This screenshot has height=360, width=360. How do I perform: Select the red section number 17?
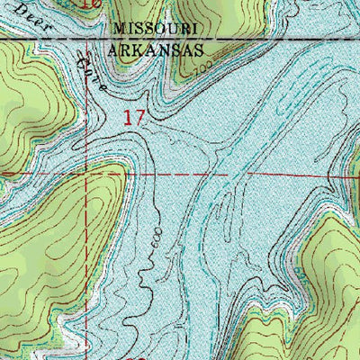point(134,116)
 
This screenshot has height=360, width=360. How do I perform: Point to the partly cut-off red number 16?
point(90,4)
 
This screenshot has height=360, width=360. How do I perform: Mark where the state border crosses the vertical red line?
point(86,40)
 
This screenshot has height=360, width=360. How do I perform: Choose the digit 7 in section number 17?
point(139,116)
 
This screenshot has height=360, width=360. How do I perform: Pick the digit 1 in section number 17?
point(129,116)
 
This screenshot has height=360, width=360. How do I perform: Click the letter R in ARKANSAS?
point(129,51)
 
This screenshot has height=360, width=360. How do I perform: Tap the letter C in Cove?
point(83,59)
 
